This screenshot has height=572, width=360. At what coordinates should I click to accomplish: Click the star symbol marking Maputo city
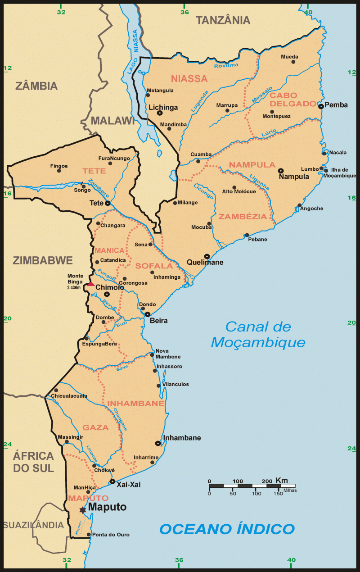[x=82, y=510]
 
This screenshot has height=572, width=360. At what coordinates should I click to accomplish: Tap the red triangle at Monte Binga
[x=91, y=284]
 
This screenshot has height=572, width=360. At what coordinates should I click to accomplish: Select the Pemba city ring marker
[x=321, y=106]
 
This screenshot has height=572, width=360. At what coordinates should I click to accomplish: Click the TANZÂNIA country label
[x=223, y=20]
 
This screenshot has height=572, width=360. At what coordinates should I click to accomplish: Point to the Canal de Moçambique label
[x=258, y=334]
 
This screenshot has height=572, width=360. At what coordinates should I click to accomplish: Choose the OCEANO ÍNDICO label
[x=227, y=529]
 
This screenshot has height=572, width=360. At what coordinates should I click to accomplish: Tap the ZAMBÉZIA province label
[x=243, y=216]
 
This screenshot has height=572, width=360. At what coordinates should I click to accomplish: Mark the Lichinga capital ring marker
[x=159, y=113]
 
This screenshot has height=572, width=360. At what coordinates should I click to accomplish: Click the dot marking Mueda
[x=293, y=62]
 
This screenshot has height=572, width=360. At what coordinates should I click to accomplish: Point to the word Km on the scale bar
[x=282, y=480]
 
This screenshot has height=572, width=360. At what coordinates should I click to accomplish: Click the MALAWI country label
[x=113, y=120]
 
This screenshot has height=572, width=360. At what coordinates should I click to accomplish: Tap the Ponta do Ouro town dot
[x=88, y=535]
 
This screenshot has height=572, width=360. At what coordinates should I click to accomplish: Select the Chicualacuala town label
[x=69, y=396]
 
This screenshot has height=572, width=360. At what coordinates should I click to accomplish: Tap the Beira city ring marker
[x=147, y=314]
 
